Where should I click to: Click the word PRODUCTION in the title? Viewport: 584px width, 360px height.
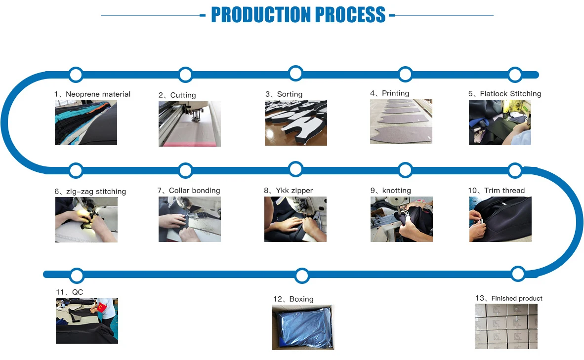coord(261,15)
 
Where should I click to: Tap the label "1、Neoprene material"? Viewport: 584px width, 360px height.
coord(92,94)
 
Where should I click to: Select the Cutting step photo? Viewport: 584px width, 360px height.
coord(190,124)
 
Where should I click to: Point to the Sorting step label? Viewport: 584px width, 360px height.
coord(284,94)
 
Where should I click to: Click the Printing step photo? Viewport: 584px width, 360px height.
coord(401,121)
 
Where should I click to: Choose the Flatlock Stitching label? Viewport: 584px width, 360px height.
coord(504,94)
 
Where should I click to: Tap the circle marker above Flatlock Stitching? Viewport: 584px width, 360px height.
coord(515,75)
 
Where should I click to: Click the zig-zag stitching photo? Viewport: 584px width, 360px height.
coord(86,220)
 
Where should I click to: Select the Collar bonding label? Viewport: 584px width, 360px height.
coord(189,191)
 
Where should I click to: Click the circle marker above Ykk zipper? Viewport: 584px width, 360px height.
coord(295,169)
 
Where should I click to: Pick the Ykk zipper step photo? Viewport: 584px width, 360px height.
coord(295,219)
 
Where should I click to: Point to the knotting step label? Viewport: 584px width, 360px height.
coord(391,191)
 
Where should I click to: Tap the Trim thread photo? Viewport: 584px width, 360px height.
coord(500,219)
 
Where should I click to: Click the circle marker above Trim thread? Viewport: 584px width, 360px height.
coord(515,170)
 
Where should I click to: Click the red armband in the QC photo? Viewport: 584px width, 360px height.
coord(101,308)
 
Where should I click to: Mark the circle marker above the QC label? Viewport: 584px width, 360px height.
coord(77,276)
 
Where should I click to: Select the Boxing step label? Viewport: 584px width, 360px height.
coord(293,299)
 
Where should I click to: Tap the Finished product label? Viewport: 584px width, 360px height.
coord(509,298)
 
